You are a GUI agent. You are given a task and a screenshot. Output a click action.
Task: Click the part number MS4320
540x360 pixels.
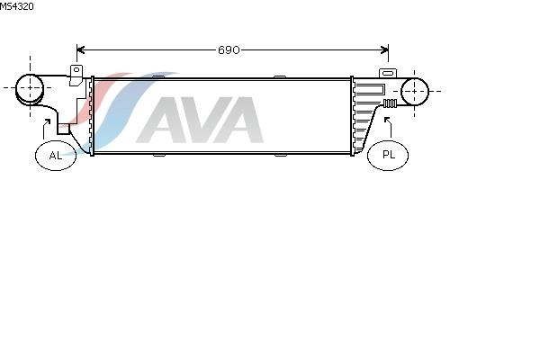[x=17, y=6]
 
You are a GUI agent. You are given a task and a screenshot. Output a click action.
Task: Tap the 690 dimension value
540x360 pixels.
[x=229, y=50]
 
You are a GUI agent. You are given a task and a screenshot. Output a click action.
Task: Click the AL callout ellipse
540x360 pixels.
[x=56, y=156]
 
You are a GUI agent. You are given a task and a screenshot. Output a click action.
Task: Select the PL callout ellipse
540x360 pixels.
[x=388, y=155]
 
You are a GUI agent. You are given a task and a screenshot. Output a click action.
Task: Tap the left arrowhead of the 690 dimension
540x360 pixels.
[x=80, y=50]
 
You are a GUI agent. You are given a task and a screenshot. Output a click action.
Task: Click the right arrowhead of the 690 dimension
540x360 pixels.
[x=384, y=50]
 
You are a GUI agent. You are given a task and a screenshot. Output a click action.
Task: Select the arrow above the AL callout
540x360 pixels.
[x=44, y=130]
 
